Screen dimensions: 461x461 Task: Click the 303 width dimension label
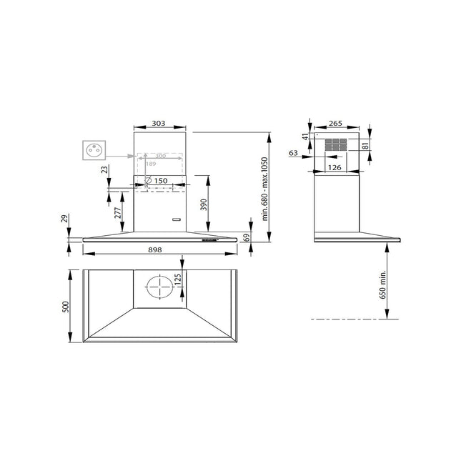(x=159, y=123)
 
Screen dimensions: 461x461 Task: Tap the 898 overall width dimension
(x=155, y=250)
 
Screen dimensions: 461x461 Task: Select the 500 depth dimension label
(x=66, y=307)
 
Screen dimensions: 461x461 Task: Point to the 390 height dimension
(x=204, y=204)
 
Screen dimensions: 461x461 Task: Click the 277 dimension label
(x=118, y=213)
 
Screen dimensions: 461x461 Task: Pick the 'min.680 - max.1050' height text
(x=265, y=189)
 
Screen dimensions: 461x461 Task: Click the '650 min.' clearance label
(x=382, y=284)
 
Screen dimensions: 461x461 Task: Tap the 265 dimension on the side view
(x=335, y=123)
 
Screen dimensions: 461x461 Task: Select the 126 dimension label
(x=334, y=167)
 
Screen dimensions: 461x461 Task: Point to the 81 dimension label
(x=365, y=146)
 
